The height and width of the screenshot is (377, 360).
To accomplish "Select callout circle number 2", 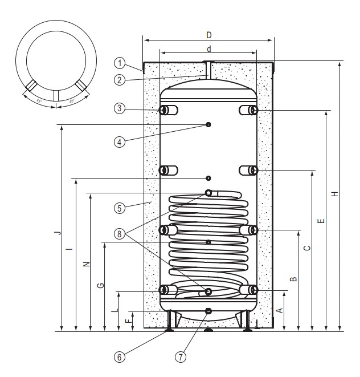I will [x=119, y=80].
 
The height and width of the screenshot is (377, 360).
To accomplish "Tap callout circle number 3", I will [x=119, y=108].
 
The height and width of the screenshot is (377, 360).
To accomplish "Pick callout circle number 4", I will [x=119, y=143].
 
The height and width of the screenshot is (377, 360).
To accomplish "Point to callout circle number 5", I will [x=119, y=208].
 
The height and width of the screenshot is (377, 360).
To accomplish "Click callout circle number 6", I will [x=119, y=357].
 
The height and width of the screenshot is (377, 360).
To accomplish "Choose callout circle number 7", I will [x=180, y=357].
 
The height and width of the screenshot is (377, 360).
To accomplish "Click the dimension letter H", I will [x=335, y=194].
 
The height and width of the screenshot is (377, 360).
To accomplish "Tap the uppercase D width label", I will [x=208, y=35].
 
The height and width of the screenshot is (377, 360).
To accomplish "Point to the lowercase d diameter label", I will [x=209, y=48].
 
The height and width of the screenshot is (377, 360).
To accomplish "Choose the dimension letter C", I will [x=306, y=248].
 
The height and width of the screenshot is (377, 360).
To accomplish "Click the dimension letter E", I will [x=321, y=220].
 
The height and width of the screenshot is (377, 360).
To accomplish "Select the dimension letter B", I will [x=293, y=279].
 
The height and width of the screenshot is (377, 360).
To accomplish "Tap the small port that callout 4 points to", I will [x=209, y=124].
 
